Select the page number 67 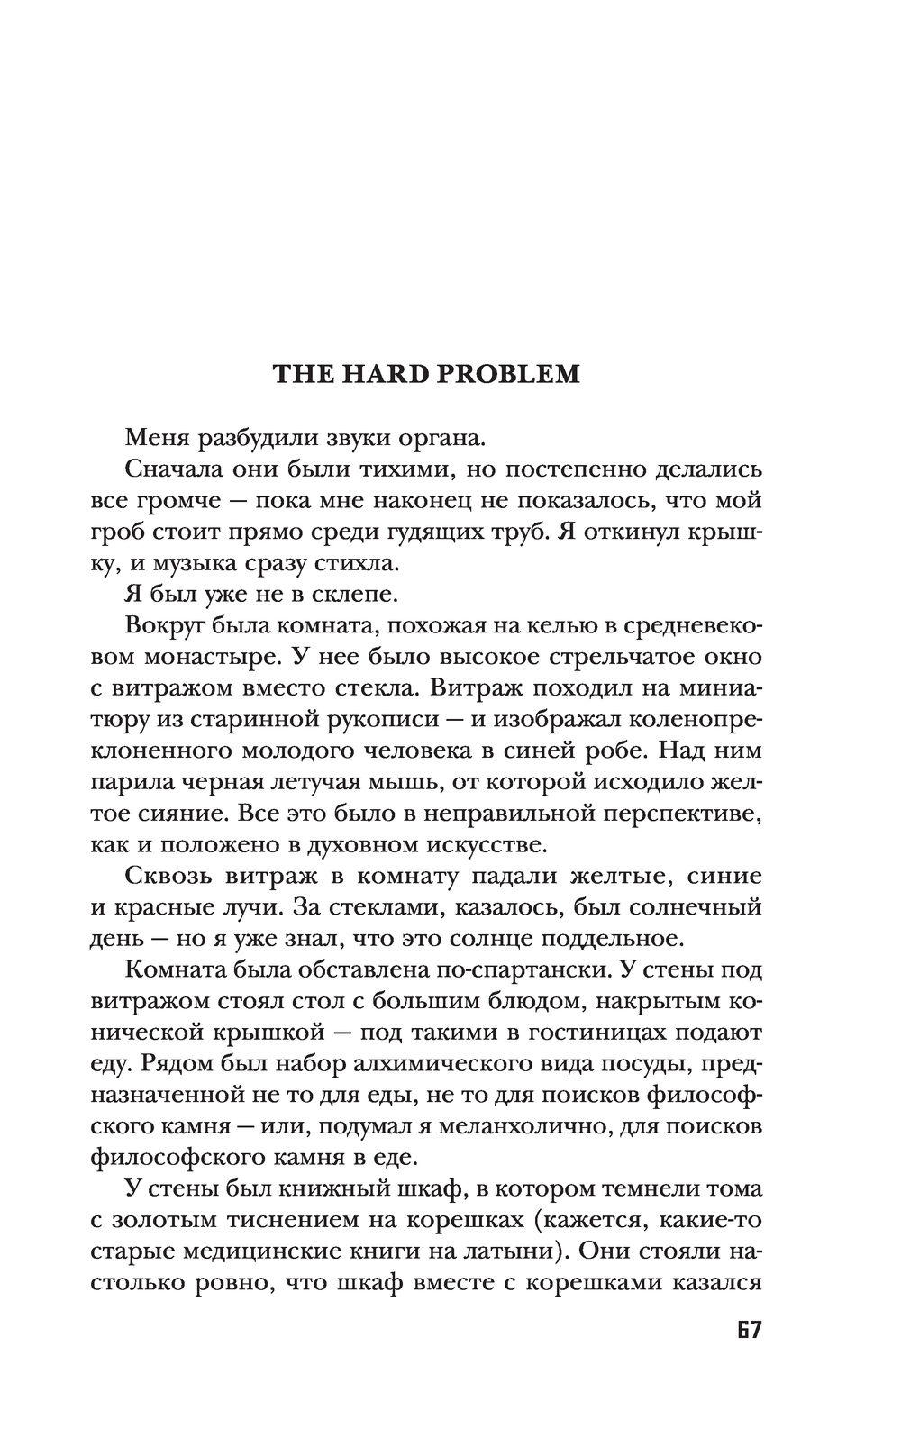pos(746,1330)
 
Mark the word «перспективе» pos(676,814)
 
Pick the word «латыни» pos(519,1251)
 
